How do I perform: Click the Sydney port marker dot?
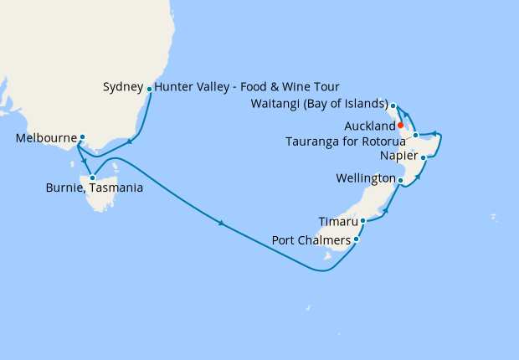[149, 88]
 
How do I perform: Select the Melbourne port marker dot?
[82, 136]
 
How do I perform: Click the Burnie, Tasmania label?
[94, 188]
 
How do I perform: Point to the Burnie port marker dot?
[92, 177]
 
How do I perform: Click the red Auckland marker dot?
[401, 125]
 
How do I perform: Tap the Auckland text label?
[369, 125]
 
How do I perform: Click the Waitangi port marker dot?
[393, 105]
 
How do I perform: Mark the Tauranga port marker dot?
[415, 135]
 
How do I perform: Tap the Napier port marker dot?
[424, 157]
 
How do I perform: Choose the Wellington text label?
[365, 179]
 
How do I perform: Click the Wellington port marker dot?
[400, 180]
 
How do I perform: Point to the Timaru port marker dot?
[362, 221]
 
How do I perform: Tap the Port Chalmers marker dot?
[357, 240]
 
